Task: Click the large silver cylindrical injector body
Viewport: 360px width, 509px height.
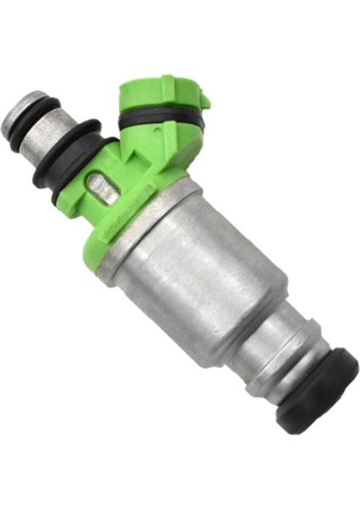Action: click(x=195, y=271)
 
